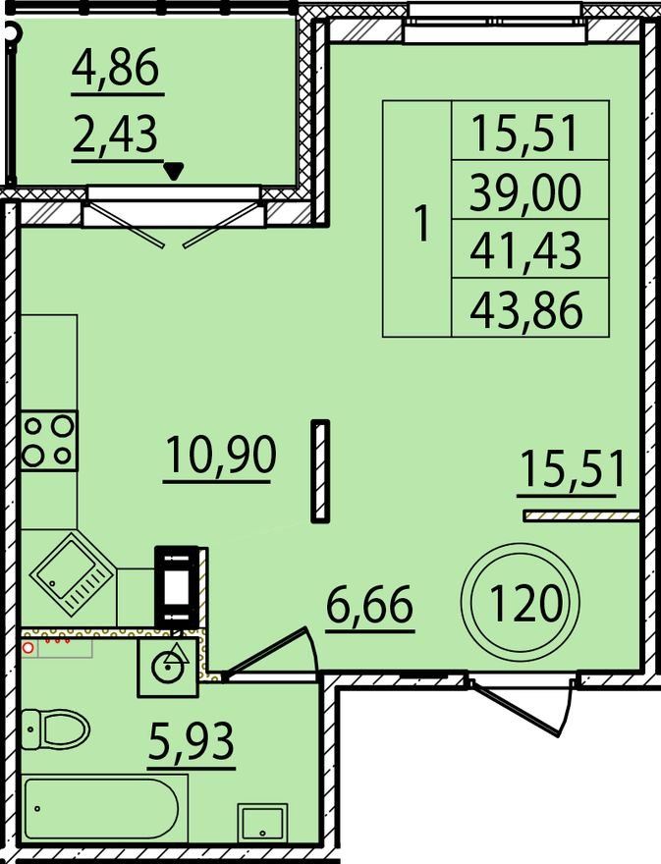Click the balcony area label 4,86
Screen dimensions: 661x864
[115, 67]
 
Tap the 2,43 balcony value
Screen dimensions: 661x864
[115, 135]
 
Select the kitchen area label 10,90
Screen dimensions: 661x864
[220, 454]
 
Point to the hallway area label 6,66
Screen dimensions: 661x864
[369, 605]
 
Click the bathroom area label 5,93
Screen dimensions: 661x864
[192, 741]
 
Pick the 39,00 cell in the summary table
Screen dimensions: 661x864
[525, 190]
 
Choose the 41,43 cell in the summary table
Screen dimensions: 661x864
[525, 249]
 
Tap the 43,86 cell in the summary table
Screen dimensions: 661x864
[526, 308]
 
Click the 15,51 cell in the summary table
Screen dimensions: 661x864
[524, 133]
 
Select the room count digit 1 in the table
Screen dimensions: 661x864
[422, 223]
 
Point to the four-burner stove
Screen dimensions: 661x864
[49, 440]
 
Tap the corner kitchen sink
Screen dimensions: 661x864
[72, 574]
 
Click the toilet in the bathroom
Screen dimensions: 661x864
[56, 729]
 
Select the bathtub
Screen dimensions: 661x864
[102, 808]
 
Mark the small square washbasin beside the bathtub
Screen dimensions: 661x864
[262, 823]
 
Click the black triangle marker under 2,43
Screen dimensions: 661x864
[174, 172]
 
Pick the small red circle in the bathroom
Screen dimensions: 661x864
[28, 647]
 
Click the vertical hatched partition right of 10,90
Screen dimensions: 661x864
[320, 470]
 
